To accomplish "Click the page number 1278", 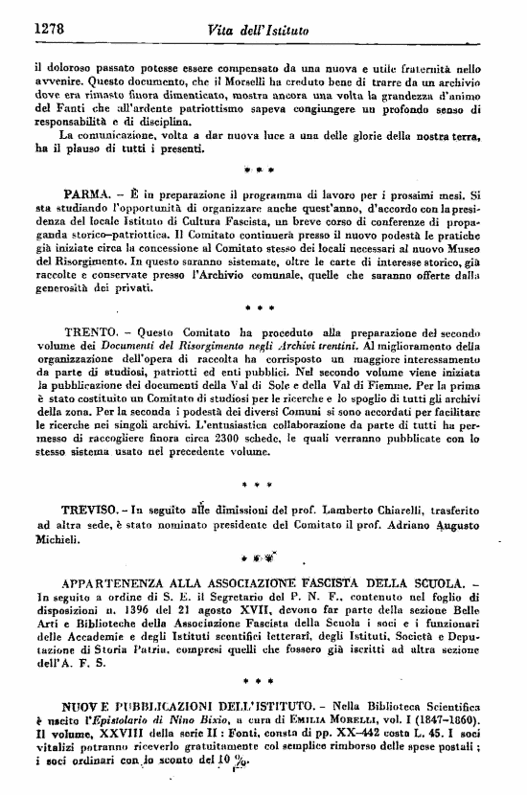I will [49, 28].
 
